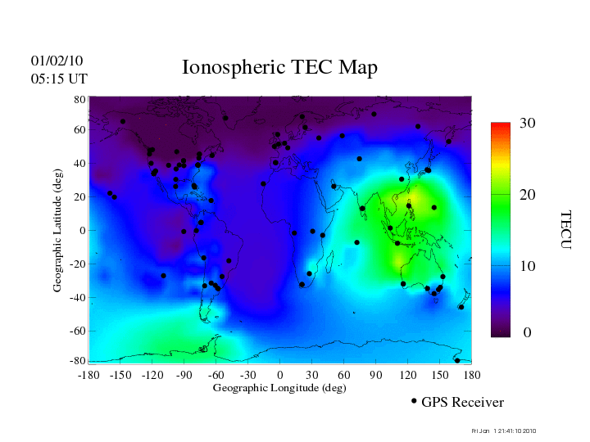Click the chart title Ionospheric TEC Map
click(x=279, y=68)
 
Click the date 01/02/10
click(x=57, y=61)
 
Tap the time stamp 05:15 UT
click(x=59, y=79)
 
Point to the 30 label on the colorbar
click(x=527, y=124)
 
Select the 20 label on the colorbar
click(x=527, y=196)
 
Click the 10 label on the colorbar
click(x=527, y=266)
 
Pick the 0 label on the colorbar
click(x=527, y=333)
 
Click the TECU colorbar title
click(x=565, y=230)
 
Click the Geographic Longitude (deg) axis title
click(x=279, y=388)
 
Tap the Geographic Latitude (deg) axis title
click(x=58, y=236)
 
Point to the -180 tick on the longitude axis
click(x=88, y=375)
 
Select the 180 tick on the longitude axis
click(x=472, y=375)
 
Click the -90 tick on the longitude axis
click(x=184, y=375)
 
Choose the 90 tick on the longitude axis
click(x=376, y=375)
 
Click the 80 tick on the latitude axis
click(x=80, y=99)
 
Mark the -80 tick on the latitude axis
click(x=79, y=361)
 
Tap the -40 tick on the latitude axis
click(x=79, y=297)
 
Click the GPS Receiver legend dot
click(x=414, y=401)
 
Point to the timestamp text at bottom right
click(x=505, y=431)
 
